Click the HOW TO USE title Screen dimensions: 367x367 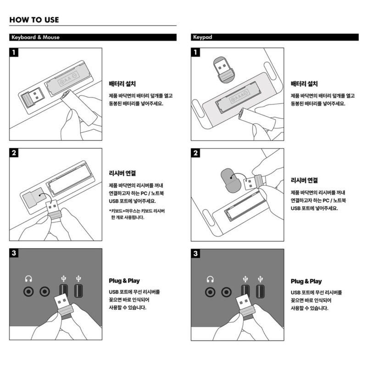[x=34, y=20]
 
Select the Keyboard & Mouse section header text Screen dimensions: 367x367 [x=35, y=37]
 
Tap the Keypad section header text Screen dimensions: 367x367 [x=202, y=37]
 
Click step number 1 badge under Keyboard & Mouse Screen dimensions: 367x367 [x=14, y=52]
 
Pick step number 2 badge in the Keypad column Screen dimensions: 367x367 [x=195, y=153]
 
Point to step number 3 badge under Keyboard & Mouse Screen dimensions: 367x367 [x=14, y=253]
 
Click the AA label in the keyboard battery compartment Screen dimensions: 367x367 [x=68, y=79]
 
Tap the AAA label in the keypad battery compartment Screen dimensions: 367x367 [x=239, y=96]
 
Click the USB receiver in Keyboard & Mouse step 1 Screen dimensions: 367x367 [x=32, y=97]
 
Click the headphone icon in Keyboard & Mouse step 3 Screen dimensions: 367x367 [x=28, y=279]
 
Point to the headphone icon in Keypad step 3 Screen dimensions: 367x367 [x=210, y=279]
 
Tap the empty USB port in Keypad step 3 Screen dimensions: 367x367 [x=260, y=291]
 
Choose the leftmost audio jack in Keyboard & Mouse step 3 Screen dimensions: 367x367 [x=28, y=292]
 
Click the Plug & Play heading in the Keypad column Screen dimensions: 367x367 [x=306, y=281]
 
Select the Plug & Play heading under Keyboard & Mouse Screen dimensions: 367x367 [x=124, y=281]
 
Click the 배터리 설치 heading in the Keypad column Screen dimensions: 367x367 [x=304, y=84]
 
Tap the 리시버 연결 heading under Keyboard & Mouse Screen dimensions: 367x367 [x=122, y=173]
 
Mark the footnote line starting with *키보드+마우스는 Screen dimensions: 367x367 [x=137, y=211]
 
